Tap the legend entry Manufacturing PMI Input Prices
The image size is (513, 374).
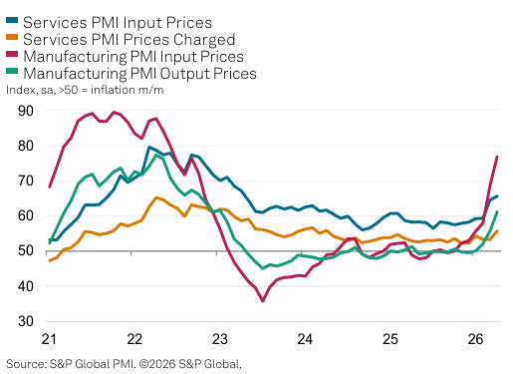pos(146,57)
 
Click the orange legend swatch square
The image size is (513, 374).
pos(13,39)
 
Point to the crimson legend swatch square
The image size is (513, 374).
pos(13,57)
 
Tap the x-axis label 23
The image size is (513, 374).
pos(220,339)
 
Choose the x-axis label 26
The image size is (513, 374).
pos(477,339)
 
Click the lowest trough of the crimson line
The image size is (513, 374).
pos(263,300)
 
